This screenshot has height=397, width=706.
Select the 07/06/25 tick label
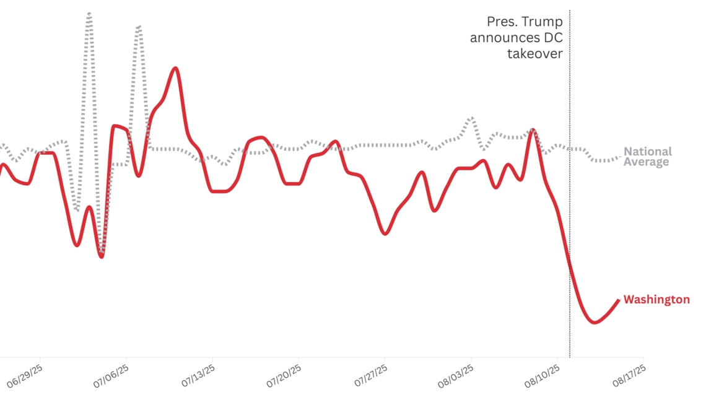[111, 374]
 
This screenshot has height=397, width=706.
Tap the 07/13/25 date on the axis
[197, 374]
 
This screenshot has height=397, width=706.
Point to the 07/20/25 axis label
[283, 374]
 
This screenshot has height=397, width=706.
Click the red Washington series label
[656, 300]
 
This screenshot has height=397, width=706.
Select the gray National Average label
[647, 157]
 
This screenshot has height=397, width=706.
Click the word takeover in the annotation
[534, 53]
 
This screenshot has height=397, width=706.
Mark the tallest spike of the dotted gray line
[89, 12]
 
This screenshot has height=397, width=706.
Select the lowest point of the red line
[595, 323]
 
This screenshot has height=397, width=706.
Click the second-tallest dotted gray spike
[139, 27]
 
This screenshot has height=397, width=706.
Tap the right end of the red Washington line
[618, 300]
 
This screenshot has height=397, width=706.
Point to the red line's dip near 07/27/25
[385, 233]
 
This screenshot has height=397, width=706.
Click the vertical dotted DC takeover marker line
[570, 186]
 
